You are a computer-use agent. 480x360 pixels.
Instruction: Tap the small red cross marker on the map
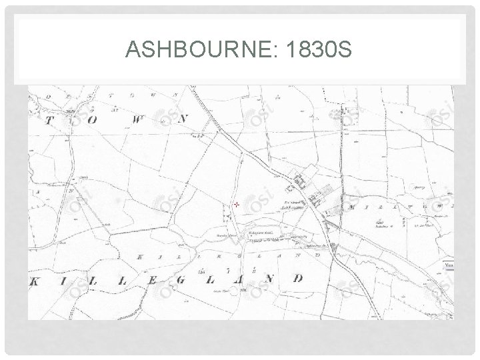(x=236, y=203)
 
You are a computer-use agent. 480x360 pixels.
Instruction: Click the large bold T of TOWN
(x=49, y=121)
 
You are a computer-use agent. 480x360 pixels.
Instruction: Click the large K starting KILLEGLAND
(x=35, y=283)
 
